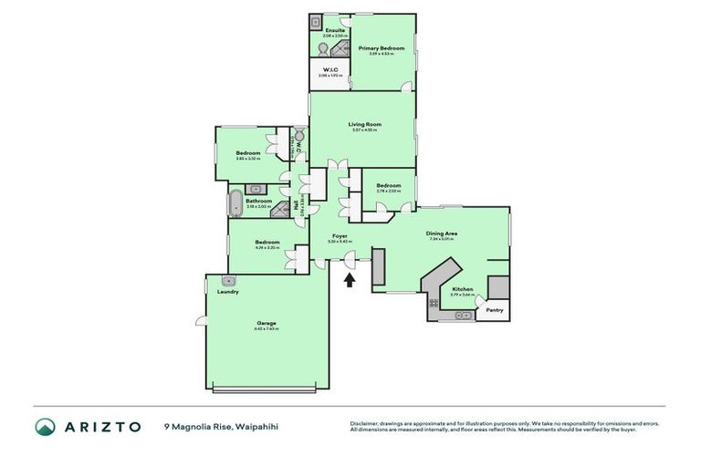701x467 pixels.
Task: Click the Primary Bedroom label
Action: click(x=382, y=47)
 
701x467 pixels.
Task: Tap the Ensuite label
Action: click(x=323, y=31)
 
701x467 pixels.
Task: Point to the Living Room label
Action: click(x=364, y=124)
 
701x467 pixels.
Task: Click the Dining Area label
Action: click(x=442, y=233)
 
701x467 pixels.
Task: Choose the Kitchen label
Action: click(x=462, y=289)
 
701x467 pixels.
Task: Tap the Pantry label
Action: click(x=495, y=310)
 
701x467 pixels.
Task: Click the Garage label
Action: click(x=266, y=323)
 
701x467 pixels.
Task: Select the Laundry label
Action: click(x=228, y=292)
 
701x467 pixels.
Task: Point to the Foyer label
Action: click(x=340, y=236)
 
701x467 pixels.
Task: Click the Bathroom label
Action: click(x=258, y=201)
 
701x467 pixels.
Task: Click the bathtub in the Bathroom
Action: click(x=235, y=201)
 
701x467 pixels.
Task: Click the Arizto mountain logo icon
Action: click(x=46, y=426)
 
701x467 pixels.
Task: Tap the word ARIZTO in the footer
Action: click(x=101, y=426)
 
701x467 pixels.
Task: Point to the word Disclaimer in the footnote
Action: click(x=364, y=423)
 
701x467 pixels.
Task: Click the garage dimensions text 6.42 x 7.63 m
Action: click(x=266, y=328)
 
